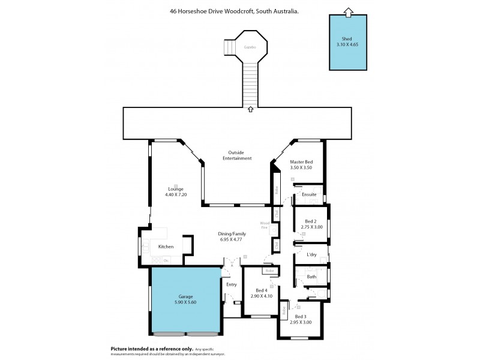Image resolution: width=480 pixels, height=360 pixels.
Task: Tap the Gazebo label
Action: click(x=250, y=47)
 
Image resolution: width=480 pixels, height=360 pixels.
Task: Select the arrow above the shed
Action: click(x=347, y=11)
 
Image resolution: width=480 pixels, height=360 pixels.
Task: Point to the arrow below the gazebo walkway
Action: click(x=250, y=110)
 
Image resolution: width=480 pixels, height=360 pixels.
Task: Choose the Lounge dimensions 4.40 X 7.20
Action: click(x=176, y=194)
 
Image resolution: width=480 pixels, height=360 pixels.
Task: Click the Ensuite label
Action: click(x=309, y=194)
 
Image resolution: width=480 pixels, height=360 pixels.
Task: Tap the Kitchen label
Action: click(x=166, y=247)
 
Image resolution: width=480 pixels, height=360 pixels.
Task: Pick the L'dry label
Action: click(x=311, y=254)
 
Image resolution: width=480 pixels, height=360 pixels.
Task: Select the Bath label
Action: click(x=311, y=277)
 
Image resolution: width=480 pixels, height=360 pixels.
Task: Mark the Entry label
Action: click(x=232, y=284)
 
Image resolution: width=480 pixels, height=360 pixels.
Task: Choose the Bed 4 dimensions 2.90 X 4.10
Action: click(x=262, y=296)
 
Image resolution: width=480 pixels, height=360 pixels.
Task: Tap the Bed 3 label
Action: click(x=301, y=316)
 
